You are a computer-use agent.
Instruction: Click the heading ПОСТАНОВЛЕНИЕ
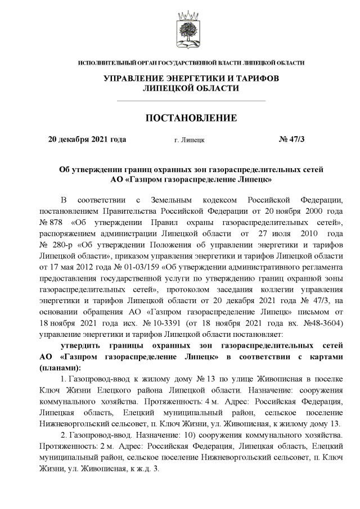pos(191,119)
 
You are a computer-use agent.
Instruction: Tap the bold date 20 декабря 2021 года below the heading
pos(87,139)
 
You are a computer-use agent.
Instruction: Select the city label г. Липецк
pos(190,139)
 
